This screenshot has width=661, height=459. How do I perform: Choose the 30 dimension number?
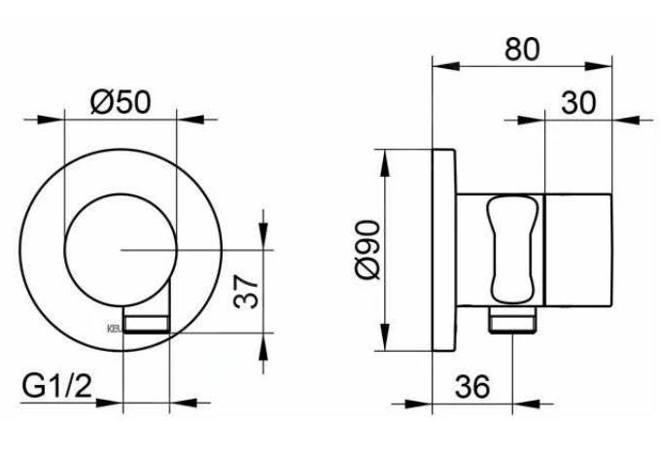(x=579, y=101)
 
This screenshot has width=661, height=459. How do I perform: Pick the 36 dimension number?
(x=471, y=386)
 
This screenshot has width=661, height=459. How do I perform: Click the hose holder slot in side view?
(x=512, y=249)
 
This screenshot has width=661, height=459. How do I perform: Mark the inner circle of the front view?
(x=120, y=250)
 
